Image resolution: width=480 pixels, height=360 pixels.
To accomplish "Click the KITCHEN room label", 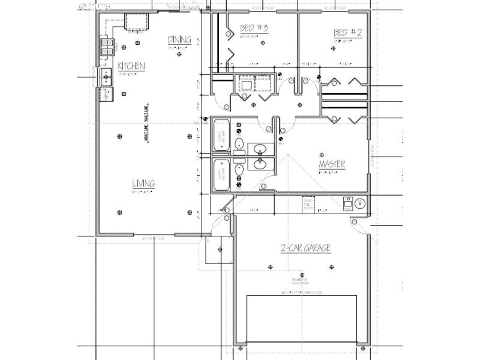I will (x=131, y=66).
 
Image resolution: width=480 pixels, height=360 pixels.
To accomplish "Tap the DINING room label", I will (x=179, y=40).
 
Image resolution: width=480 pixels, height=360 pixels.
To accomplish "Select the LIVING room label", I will (x=144, y=184).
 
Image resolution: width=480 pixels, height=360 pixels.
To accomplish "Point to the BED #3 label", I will (x=254, y=28).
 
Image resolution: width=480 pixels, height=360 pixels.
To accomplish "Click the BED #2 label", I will (x=348, y=33).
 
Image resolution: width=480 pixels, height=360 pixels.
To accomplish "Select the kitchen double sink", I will (x=106, y=77).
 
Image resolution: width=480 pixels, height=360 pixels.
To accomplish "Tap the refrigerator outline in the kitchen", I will (x=137, y=22).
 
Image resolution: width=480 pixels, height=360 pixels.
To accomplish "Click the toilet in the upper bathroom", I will (x=239, y=144).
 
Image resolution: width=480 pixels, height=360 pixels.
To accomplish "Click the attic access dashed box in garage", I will (x=307, y=204).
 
